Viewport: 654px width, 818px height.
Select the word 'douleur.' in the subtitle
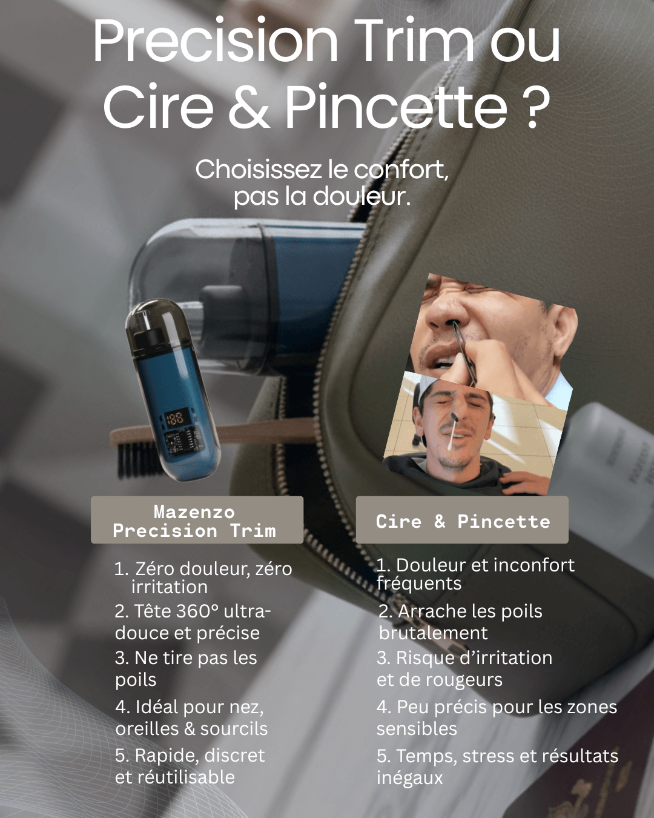362,196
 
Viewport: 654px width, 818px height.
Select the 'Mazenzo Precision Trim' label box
197,520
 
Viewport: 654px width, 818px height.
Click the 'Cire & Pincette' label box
462,520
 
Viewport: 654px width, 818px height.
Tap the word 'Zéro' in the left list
154,569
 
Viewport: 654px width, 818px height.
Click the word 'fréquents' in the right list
419,584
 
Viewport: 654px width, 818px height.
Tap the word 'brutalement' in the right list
433,633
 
